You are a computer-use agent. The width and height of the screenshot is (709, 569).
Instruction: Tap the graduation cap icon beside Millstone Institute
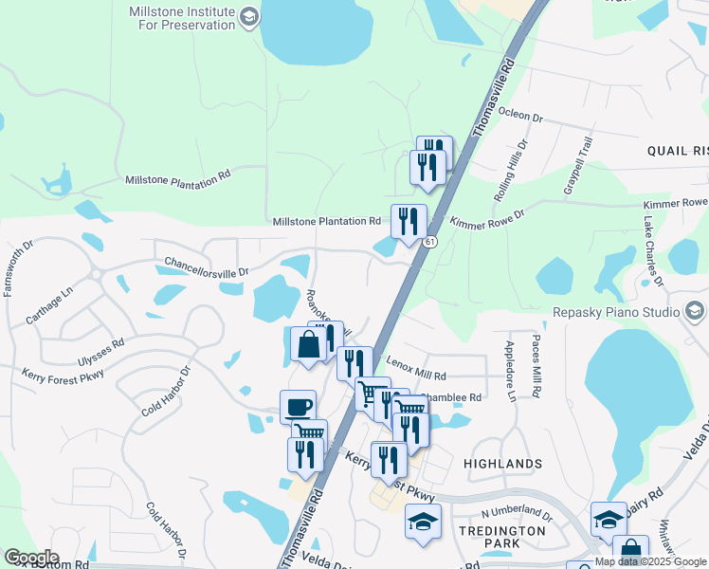pos(249,17)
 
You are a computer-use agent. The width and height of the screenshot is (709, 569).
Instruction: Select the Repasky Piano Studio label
pos(616,311)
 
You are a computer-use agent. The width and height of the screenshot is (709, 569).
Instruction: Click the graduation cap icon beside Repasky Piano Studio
pos(695,311)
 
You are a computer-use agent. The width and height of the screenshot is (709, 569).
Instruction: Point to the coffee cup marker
pos(298,408)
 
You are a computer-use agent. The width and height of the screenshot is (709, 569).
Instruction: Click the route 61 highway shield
pos(430,243)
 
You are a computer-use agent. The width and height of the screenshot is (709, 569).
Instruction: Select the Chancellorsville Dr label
pos(206,266)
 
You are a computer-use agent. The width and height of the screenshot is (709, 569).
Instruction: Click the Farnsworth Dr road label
pos(19,267)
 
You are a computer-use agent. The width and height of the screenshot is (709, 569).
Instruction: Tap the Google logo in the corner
pos(31,558)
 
